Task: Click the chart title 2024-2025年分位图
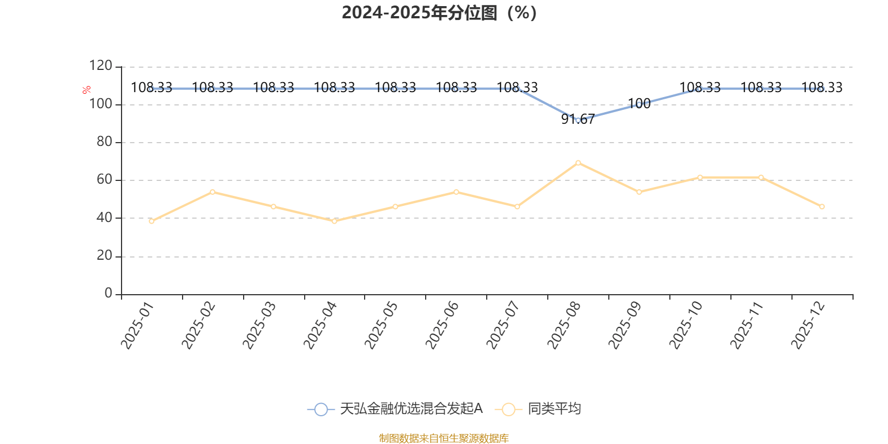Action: [439, 13]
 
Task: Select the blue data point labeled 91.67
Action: [578, 120]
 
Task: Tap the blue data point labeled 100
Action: [639, 104]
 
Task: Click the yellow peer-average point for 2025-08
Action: [578, 163]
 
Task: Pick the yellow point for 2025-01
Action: [152, 221]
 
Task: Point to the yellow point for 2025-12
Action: [822, 206]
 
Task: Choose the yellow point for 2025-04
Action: [334, 221]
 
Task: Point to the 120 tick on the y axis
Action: [100, 67]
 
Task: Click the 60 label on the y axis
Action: [104, 180]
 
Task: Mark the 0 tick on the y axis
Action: [108, 294]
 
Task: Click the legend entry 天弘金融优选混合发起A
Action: [411, 409]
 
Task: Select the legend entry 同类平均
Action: [554, 409]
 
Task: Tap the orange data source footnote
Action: [443, 438]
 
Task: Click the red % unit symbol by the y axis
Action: [86, 90]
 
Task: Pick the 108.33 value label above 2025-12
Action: [822, 87]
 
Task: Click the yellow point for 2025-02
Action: [213, 191]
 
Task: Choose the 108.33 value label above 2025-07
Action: [517, 87]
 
